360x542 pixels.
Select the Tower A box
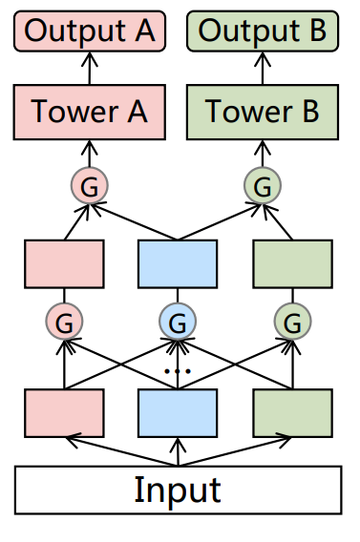point(90,112)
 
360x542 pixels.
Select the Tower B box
point(263,112)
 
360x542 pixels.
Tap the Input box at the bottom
point(178,490)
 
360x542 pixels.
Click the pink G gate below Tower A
point(90,185)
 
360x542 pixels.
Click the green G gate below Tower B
point(263,185)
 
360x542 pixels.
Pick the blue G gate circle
point(178,322)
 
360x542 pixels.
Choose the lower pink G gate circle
point(64,322)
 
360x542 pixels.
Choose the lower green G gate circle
point(292,322)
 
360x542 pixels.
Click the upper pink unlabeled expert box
point(64,264)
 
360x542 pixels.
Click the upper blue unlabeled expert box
point(179,264)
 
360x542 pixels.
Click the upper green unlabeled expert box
point(292,264)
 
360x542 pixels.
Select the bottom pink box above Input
point(64,412)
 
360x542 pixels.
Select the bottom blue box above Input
point(179,412)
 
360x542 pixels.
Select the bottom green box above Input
point(292,412)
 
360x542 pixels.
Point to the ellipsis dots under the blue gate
point(178,368)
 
